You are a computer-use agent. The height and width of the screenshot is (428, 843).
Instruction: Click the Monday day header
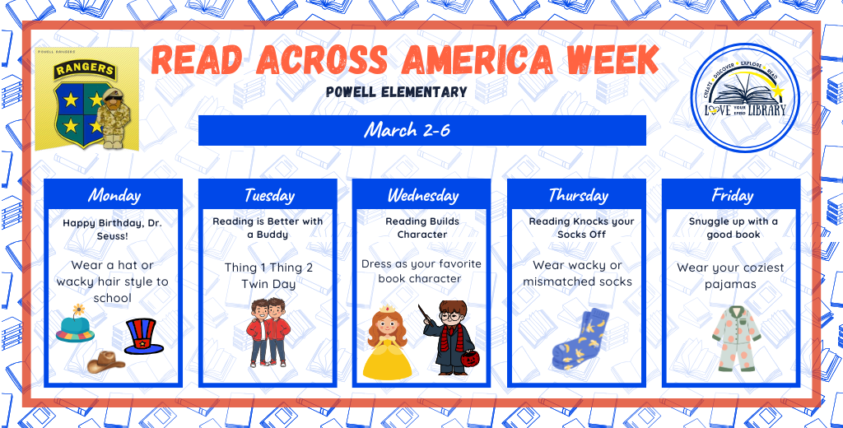point(114,195)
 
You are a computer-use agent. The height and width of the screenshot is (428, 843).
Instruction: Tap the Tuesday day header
point(268,195)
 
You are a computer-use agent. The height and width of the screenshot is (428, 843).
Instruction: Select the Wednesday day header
point(422,195)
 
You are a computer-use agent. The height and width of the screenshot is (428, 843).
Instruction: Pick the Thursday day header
point(578,195)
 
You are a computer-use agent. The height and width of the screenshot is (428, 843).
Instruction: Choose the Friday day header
point(732,195)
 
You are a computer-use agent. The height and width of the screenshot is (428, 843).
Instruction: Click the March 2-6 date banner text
point(407,130)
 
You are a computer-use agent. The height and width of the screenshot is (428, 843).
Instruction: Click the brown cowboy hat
point(105,361)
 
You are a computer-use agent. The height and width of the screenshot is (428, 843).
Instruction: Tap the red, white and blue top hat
point(143,337)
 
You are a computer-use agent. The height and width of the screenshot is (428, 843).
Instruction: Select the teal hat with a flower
point(76,327)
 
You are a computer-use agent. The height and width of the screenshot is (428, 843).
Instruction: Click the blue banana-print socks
point(581,341)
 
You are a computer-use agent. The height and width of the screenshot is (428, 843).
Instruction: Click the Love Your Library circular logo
point(745,97)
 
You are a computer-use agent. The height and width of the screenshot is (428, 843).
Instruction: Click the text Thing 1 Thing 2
point(268,267)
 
